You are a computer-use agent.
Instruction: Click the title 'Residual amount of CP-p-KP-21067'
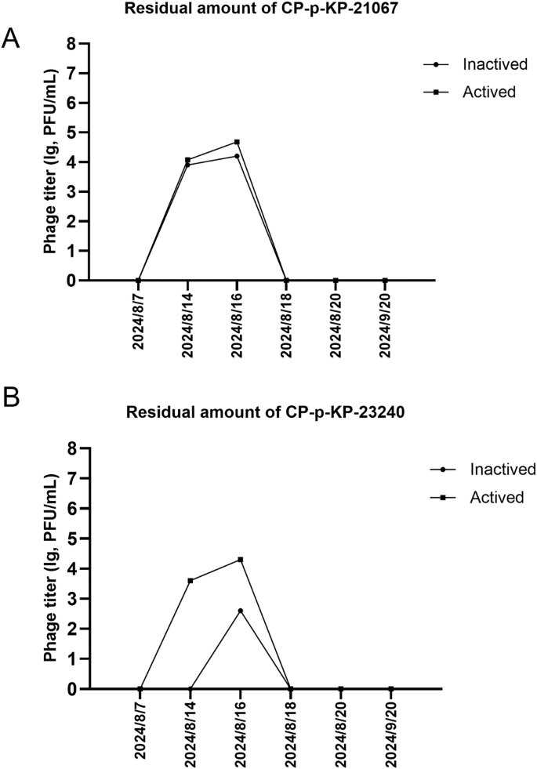click(x=268, y=9)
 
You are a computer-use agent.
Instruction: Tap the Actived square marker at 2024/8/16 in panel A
click(x=237, y=142)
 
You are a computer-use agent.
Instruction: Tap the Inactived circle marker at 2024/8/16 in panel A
click(x=237, y=156)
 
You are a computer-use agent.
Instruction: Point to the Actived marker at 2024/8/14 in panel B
click(x=190, y=581)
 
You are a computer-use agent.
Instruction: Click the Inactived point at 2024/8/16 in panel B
click(x=241, y=611)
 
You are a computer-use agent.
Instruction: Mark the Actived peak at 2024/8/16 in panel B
click(x=241, y=560)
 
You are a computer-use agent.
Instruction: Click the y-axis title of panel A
click(x=50, y=162)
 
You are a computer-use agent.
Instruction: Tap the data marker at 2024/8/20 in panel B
click(x=341, y=689)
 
